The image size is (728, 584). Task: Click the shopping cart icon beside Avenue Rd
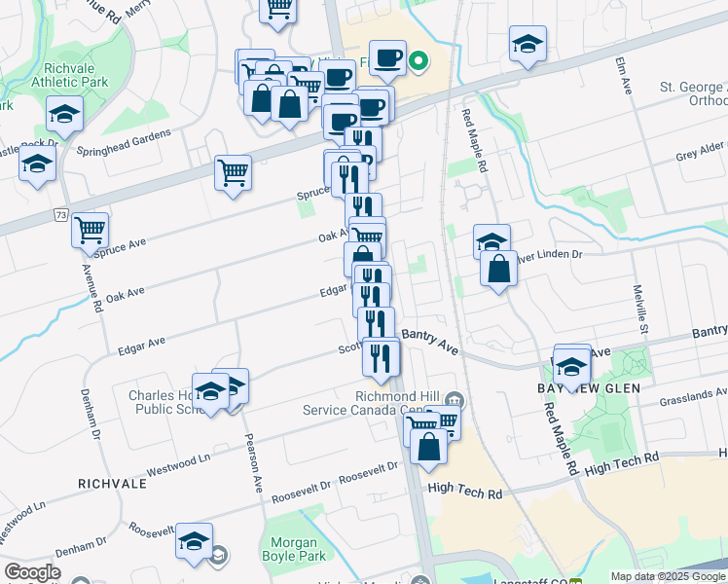pyautogui.click(x=90, y=230)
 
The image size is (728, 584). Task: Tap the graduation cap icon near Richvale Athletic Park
pyautogui.click(x=63, y=114)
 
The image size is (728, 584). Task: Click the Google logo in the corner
pyautogui.click(x=32, y=573)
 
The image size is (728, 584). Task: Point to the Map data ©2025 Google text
pyautogui.click(x=668, y=575)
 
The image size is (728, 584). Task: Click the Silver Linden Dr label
pyautogui.click(x=551, y=255)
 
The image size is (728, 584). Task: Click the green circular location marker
pyautogui.click(x=419, y=62)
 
